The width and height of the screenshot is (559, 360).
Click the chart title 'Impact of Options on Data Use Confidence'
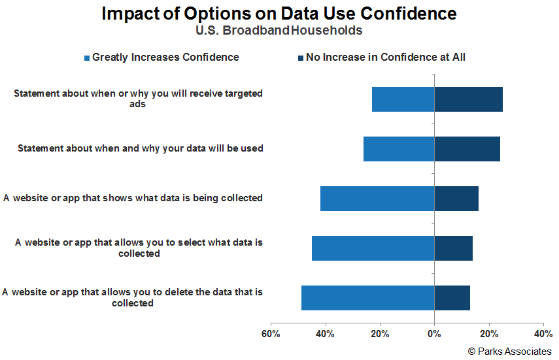(x=279, y=14)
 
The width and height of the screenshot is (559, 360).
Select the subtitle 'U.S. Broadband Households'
(x=279, y=31)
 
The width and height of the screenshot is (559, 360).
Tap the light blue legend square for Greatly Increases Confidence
(x=87, y=58)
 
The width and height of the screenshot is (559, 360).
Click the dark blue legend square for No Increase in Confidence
(x=301, y=58)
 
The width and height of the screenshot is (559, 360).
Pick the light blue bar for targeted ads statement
(x=403, y=99)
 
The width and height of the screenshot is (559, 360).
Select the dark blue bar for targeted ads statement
(x=468, y=99)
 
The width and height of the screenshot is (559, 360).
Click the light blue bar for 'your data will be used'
(x=399, y=148)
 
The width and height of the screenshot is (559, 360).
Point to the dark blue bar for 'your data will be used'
(x=467, y=148)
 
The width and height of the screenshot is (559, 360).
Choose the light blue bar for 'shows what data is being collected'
(x=377, y=198)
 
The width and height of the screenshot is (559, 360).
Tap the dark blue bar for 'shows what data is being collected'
(x=456, y=198)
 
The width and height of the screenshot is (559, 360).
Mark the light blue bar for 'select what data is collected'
(x=373, y=248)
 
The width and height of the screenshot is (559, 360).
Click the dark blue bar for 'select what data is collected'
(x=453, y=248)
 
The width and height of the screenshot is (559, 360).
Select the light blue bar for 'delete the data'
(x=367, y=298)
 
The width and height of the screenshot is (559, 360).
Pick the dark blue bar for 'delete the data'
(x=452, y=298)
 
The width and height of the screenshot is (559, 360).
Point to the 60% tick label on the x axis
(x=271, y=335)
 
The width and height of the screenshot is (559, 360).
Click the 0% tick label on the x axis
(x=434, y=335)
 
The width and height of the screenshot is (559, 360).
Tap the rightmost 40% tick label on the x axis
(x=543, y=335)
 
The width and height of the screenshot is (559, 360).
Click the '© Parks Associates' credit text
(x=509, y=352)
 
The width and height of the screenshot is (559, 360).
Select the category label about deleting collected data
(x=132, y=297)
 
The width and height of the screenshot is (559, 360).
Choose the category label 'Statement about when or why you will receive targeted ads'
(x=138, y=99)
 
